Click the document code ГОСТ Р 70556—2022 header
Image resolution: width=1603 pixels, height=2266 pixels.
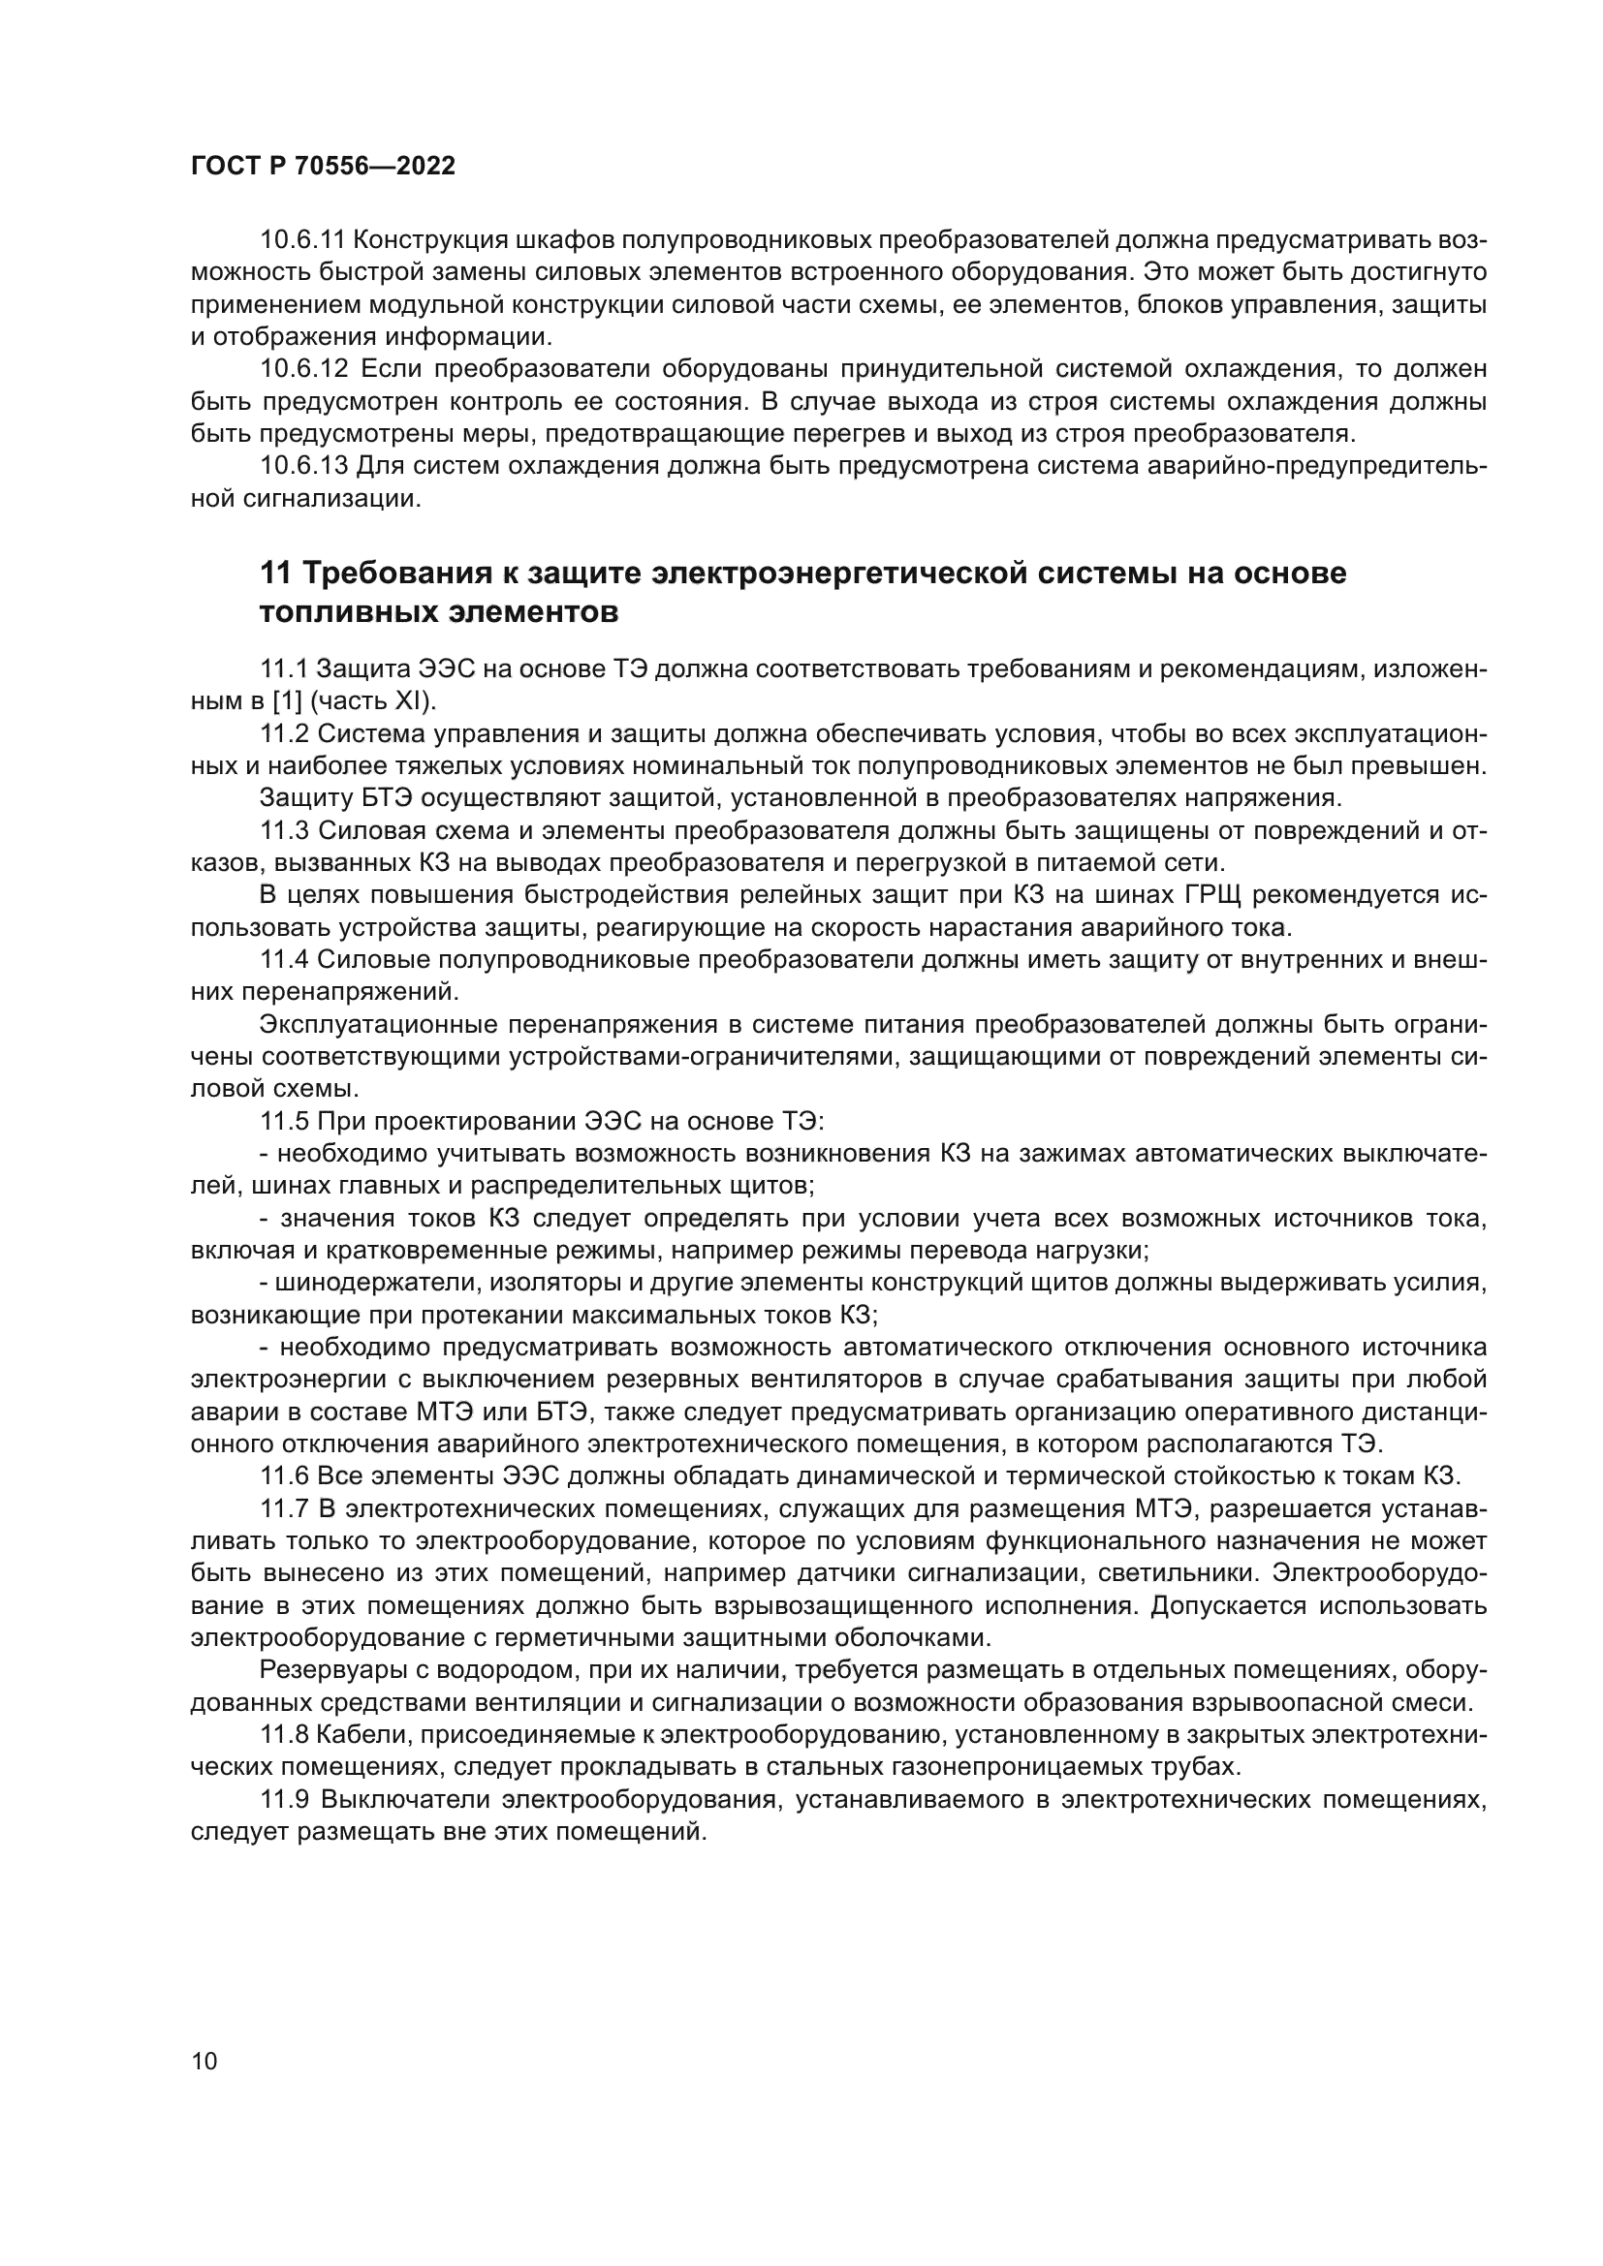(x=323, y=166)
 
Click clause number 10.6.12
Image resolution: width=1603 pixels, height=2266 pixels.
(x=304, y=369)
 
